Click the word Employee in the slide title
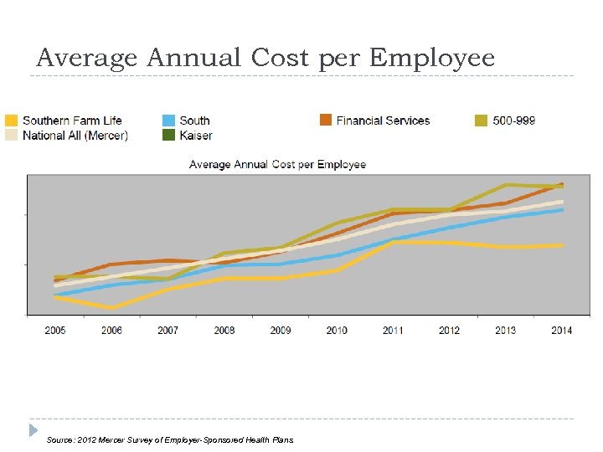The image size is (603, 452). point(431,59)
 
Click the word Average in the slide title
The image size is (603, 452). point(88,59)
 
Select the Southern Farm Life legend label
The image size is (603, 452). point(72,121)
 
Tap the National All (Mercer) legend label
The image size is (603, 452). point(75,135)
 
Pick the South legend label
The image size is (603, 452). point(194,121)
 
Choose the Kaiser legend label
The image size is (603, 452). point(196,135)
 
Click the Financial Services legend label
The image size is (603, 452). point(383,121)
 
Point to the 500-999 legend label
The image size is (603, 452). point(514,121)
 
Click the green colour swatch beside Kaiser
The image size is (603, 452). point(168,135)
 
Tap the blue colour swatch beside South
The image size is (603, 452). point(168,121)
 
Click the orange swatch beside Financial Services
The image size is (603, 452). point(325,121)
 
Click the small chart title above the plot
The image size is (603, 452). point(277,164)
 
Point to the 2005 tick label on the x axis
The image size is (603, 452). point(55,330)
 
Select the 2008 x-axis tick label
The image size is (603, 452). point(224,330)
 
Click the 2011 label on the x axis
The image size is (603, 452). point(393,330)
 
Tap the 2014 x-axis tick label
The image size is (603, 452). point(561,330)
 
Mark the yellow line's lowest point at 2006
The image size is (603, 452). point(111,308)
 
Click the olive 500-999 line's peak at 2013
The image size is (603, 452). point(506,184)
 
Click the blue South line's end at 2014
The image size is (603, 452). point(562,210)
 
